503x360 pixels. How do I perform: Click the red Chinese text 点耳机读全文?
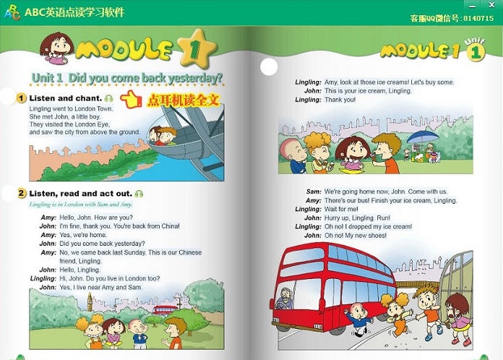coord(181,99)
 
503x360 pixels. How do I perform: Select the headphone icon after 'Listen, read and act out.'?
coord(139,194)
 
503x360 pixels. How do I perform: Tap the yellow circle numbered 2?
coord(22,194)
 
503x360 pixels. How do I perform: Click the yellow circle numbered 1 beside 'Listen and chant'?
coord(22,98)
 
